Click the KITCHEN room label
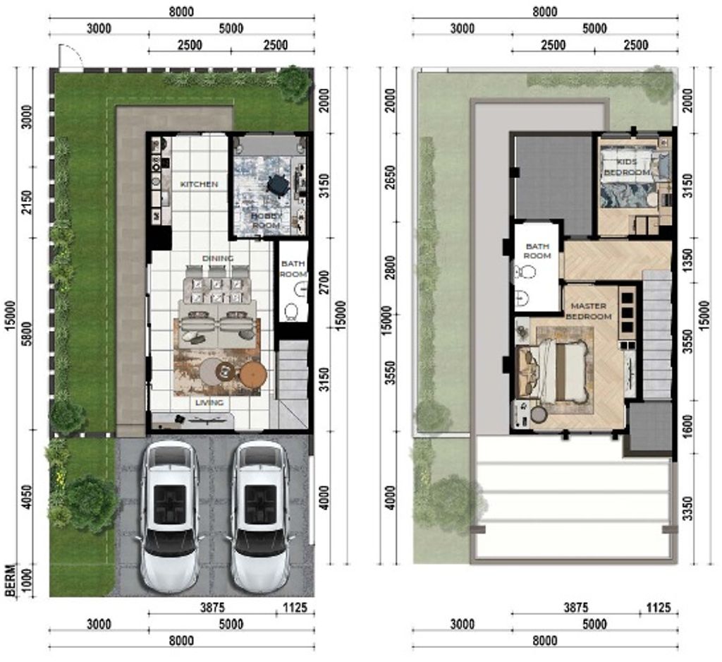point(198,184)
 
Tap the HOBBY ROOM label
point(266,220)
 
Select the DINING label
point(218,258)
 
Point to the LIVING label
point(209,402)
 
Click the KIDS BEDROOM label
point(627,167)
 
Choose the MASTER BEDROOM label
point(589,311)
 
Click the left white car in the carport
point(169,518)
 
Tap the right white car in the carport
point(260,518)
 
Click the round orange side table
point(253,374)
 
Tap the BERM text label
point(11,580)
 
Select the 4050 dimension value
point(27,497)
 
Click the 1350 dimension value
point(687,260)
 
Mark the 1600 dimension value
point(687,427)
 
